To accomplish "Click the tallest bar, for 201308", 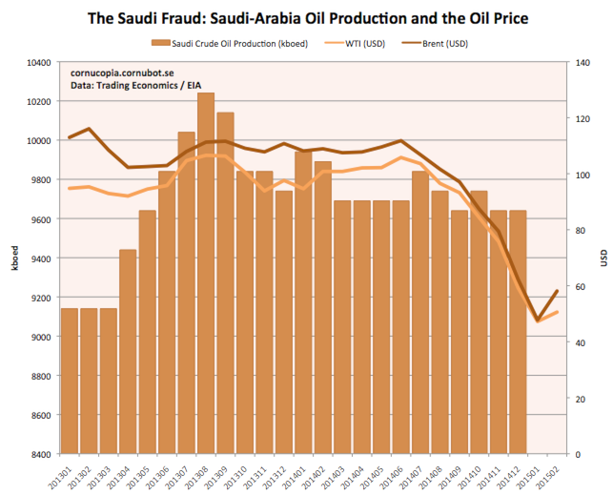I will coord(205,277).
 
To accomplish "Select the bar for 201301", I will coord(69,382).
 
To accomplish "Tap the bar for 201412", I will coord(517,334).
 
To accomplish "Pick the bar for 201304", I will coord(127,353).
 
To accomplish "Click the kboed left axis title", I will coord(12,258).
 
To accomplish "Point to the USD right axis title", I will coord(602,258).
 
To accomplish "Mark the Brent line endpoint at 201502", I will coord(556,291).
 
